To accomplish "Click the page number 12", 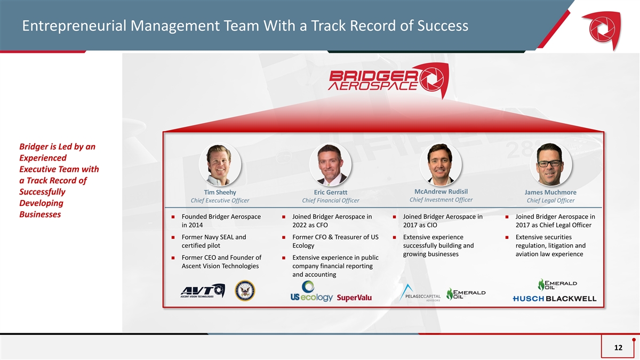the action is (618, 347).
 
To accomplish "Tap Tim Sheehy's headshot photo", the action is (220, 165).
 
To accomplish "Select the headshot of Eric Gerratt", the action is (330, 165).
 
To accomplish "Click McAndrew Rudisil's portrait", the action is (441, 165).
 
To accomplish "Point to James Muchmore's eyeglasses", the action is (549, 164).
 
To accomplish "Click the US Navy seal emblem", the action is (245, 291).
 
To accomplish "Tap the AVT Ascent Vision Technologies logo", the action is (203, 291).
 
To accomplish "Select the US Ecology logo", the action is (311, 291).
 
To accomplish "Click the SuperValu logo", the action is (354, 298).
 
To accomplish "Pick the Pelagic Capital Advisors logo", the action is (420, 293).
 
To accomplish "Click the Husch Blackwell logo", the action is (555, 299).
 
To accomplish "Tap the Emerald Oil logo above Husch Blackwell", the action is (557, 285).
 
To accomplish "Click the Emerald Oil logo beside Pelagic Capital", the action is (466, 294).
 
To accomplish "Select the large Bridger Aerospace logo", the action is (389, 81).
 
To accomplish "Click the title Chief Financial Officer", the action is (331, 201).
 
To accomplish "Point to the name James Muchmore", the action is (550, 193).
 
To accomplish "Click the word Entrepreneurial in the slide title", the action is (74, 26).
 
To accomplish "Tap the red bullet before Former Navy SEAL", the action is (173, 237).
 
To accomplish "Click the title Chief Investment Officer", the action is (441, 199).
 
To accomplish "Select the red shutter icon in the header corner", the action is (602, 30).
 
